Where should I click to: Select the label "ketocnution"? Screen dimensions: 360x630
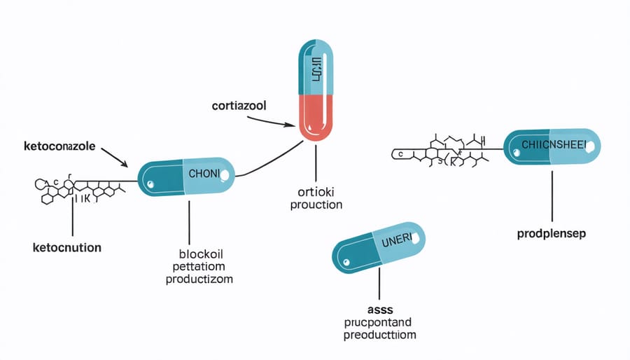[x=66, y=247]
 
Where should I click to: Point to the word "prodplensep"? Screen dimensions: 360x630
[x=552, y=233]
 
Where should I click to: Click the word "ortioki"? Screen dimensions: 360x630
[x=316, y=193]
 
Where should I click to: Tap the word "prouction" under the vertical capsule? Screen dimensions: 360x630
[x=316, y=205]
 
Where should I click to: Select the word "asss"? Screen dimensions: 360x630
[x=377, y=308]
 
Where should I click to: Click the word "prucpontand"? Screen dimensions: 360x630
[x=378, y=321]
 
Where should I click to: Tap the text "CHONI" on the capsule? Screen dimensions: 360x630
[x=204, y=172]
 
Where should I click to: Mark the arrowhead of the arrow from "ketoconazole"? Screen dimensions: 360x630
[x=127, y=166]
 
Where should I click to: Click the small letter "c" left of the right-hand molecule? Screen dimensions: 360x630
[x=400, y=152]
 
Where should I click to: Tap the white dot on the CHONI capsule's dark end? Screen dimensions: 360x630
[x=149, y=186]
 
